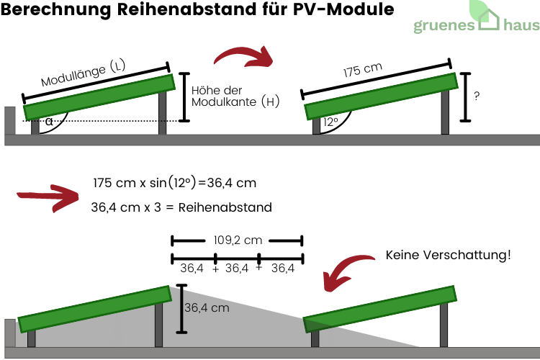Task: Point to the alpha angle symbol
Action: [49, 122]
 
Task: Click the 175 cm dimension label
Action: [362, 72]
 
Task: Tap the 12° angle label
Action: [330, 122]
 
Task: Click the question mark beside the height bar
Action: [477, 95]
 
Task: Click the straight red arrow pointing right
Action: [47, 195]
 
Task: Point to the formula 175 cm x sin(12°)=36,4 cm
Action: [175, 183]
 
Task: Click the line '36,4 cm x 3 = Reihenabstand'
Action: [181, 207]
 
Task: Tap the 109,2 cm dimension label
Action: [237, 240]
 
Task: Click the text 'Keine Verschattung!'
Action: [448, 255]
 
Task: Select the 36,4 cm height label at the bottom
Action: [207, 307]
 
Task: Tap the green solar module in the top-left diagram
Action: [99, 96]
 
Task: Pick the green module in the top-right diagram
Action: [381, 96]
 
